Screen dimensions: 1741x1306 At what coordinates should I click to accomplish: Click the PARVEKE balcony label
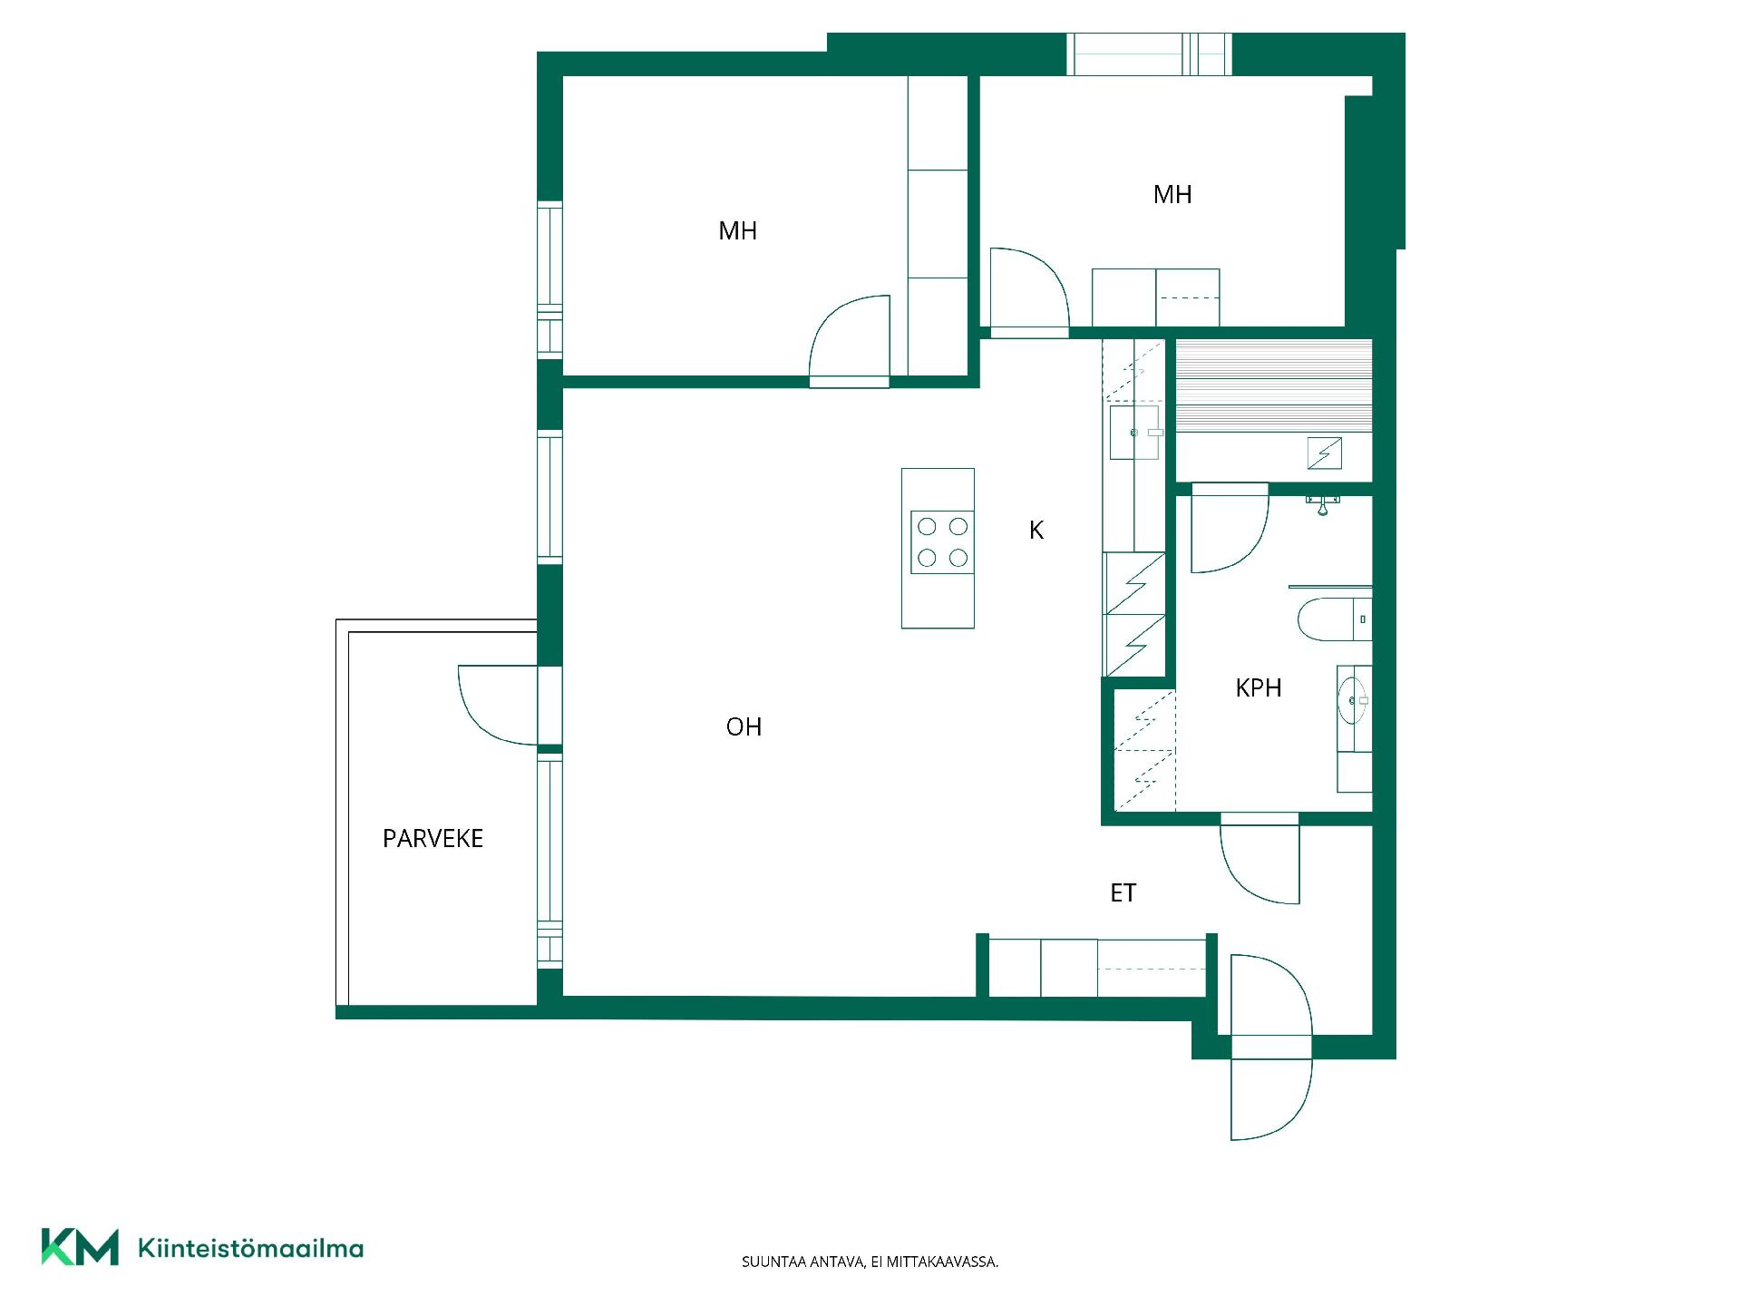click(433, 838)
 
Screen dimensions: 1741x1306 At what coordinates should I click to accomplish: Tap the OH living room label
click(744, 726)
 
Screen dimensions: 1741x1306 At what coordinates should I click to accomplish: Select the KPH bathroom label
click(1259, 687)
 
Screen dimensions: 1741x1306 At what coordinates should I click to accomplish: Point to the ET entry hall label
click(1123, 893)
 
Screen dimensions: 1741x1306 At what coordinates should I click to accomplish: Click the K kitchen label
click(1036, 530)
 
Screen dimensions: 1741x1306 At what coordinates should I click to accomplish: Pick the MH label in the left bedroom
click(737, 231)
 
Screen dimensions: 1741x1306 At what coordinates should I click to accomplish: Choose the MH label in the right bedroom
click(1172, 194)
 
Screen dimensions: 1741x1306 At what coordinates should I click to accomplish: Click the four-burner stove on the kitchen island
click(942, 542)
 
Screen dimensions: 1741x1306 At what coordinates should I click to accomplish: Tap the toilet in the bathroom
click(1334, 619)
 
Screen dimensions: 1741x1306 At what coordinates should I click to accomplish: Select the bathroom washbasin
click(1353, 700)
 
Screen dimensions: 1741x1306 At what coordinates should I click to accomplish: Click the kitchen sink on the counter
click(1134, 433)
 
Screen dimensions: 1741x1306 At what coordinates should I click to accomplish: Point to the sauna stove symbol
click(1324, 453)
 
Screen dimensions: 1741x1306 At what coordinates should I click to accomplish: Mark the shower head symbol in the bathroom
click(1324, 504)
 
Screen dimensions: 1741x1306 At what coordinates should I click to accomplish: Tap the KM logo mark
click(80, 1247)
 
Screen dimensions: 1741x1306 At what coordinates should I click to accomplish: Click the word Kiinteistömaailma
click(250, 1248)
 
